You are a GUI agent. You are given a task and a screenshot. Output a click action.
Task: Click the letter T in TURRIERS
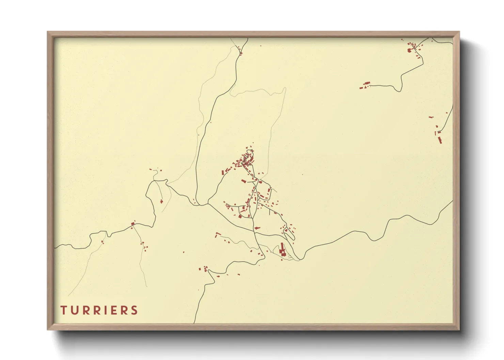[63, 310]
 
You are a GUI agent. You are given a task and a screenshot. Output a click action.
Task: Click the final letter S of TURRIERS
[135, 310]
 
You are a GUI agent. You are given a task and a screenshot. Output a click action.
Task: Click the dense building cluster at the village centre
[246, 160]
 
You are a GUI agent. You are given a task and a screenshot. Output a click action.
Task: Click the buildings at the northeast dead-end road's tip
[365, 85]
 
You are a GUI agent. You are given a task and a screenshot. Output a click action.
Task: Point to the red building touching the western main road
[133, 224]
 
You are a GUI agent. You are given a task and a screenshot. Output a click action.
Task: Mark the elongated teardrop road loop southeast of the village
[289, 234]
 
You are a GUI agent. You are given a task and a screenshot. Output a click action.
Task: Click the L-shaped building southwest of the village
[217, 234]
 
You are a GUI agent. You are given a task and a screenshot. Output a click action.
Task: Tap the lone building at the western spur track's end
[161, 201]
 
